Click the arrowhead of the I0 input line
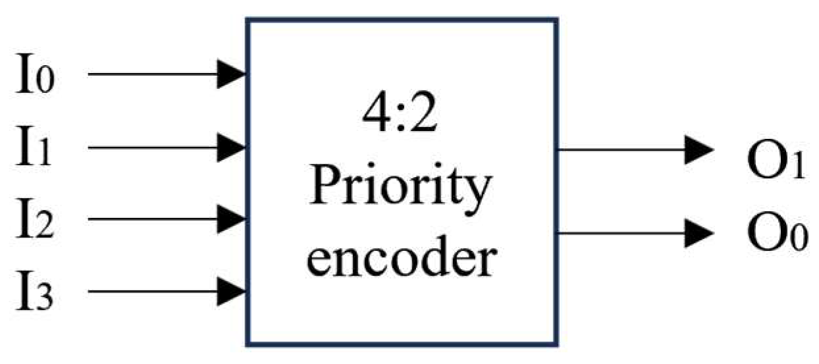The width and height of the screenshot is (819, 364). [233, 74]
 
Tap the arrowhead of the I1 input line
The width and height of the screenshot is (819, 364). [233, 147]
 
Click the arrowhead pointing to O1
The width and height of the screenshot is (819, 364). [699, 149]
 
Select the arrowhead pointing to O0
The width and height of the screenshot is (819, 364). [699, 232]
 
